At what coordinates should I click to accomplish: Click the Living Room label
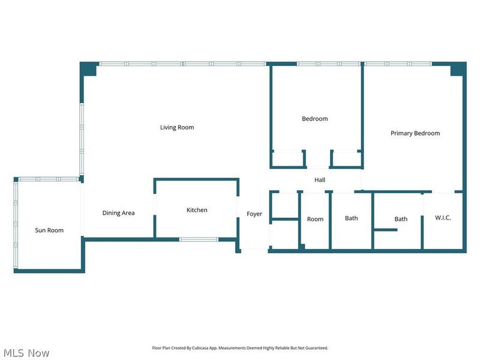click(177, 127)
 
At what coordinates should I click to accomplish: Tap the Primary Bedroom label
click(415, 133)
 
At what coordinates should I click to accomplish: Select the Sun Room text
click(49, 230)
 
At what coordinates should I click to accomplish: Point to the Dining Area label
click(118, 213)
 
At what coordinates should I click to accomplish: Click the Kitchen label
click(197, 210)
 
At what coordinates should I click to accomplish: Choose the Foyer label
click(254, 214)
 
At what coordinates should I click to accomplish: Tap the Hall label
click(320, 179)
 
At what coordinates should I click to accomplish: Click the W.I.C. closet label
click(443, 218)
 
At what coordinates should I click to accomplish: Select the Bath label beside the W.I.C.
click(401, 219)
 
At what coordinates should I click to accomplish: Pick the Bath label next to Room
click(352, 218)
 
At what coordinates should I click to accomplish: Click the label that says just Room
click(315, 219)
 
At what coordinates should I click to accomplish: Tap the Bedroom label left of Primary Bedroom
click(315, 119)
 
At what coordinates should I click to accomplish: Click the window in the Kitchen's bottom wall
click(199, 239)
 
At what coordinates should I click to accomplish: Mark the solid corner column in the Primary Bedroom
click(458, 69)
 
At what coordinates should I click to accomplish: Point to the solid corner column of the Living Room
click(89, 69)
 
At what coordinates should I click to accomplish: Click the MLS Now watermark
click(26, 353)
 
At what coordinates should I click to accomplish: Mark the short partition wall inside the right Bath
click(385, 230)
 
